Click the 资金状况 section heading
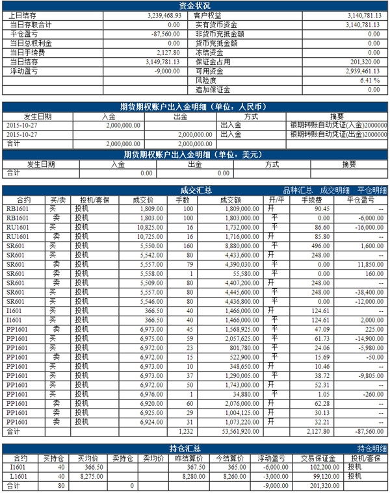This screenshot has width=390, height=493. tap(194, 5)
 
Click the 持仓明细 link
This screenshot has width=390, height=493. tap(372, 448)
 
